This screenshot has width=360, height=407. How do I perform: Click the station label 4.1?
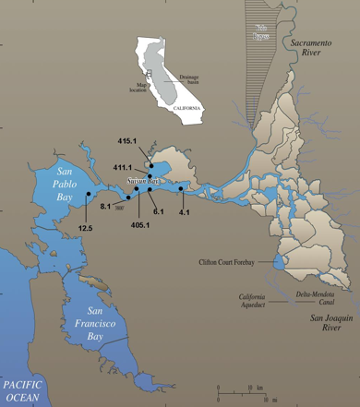point(184,212)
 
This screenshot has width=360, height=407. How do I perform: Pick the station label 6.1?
point(158,212)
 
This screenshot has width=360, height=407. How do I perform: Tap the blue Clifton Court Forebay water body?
point(278,264)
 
